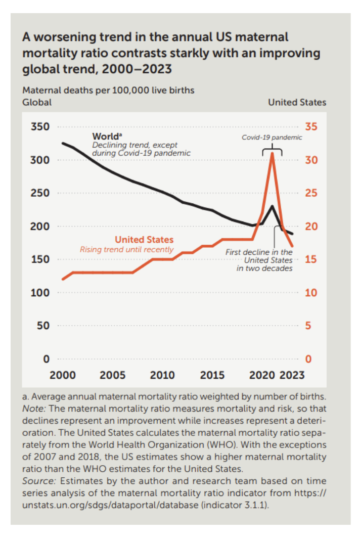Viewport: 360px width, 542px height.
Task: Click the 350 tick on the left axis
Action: [40, 126]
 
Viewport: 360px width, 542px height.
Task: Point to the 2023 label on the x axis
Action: [293, 375]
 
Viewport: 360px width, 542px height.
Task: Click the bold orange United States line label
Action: [144, 240]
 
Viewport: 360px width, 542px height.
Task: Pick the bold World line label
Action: [108, 136]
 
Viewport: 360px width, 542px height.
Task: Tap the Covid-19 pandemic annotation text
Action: [272, 137]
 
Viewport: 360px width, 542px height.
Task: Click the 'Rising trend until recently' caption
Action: [126, 249]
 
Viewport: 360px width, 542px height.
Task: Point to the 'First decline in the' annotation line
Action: [259, 251]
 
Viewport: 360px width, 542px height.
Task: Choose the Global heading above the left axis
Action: [36, 102]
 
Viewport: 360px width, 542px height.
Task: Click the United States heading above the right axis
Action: [297, 102]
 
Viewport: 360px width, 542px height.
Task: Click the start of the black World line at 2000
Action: [62, 143]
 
